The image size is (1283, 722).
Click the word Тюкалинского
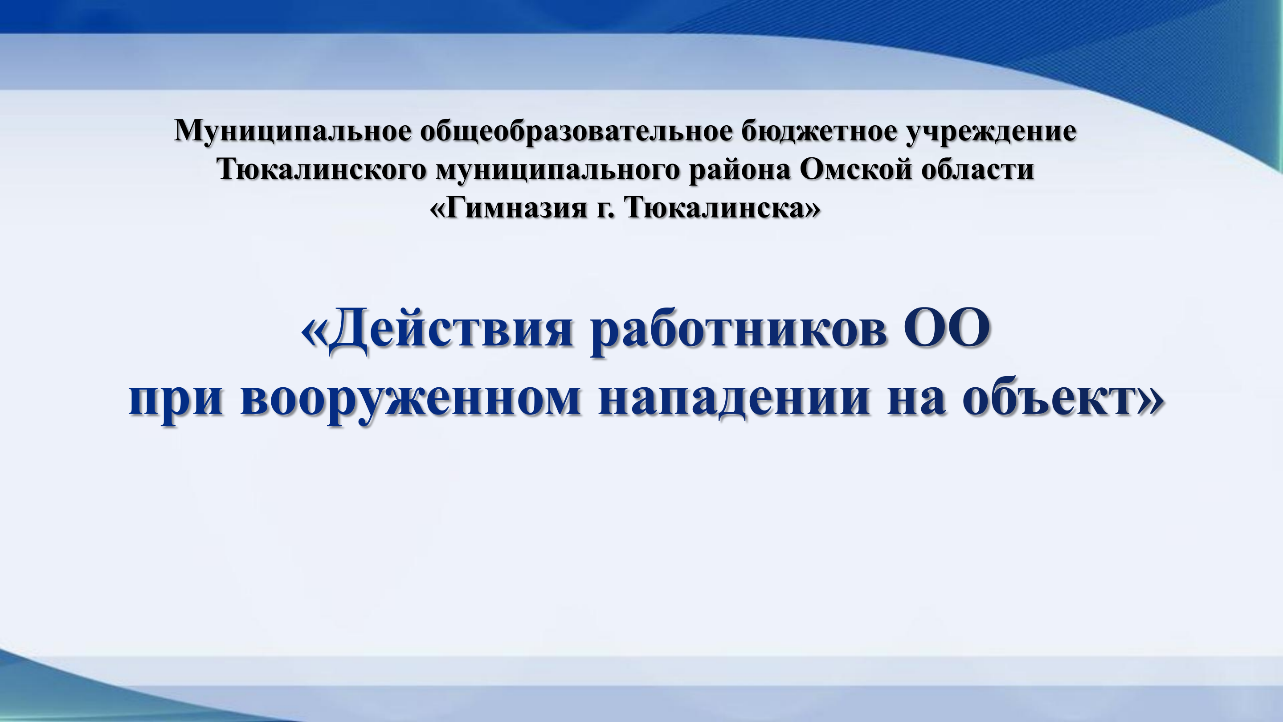pos(322,170)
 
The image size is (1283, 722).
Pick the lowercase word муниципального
pos(557,170)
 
